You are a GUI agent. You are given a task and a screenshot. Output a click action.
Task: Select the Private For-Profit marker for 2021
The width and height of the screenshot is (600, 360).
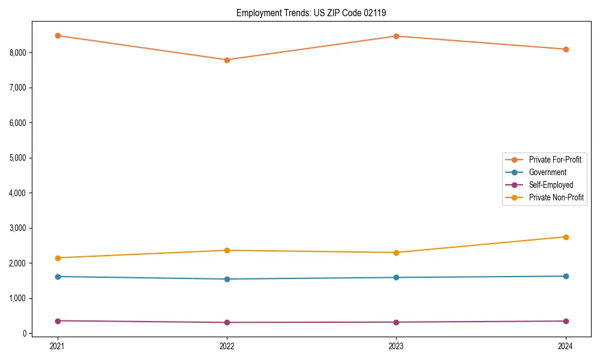[x=58, y=35]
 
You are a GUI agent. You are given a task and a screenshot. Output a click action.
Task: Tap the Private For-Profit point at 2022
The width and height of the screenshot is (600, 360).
[x=227, y=60]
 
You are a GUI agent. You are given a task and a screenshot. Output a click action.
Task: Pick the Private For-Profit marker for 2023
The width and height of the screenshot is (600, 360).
[x=396, y=36]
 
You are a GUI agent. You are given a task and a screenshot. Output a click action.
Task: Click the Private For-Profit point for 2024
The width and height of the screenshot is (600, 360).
[x=566, y=49]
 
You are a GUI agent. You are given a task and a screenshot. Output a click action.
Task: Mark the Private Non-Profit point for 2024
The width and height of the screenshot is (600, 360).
[x=566, y=237]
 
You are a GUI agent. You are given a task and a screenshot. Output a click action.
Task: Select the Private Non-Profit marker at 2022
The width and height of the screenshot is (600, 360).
[x=227, y=250]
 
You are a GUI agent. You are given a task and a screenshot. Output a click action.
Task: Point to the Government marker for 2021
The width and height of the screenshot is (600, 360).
[x=58, y=277]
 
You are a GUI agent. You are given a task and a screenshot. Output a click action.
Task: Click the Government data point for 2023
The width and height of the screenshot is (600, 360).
[x=396, y=277]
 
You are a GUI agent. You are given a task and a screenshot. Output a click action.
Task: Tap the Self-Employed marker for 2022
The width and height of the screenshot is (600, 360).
[x=227, y=322]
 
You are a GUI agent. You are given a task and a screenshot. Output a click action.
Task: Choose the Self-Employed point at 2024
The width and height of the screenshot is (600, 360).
[x=566, y=321]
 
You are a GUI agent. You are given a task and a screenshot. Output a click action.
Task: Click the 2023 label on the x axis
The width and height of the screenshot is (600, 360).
[x=396, y=346]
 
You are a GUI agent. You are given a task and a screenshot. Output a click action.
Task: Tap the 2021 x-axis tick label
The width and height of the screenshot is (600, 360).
[x=58, y=346]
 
